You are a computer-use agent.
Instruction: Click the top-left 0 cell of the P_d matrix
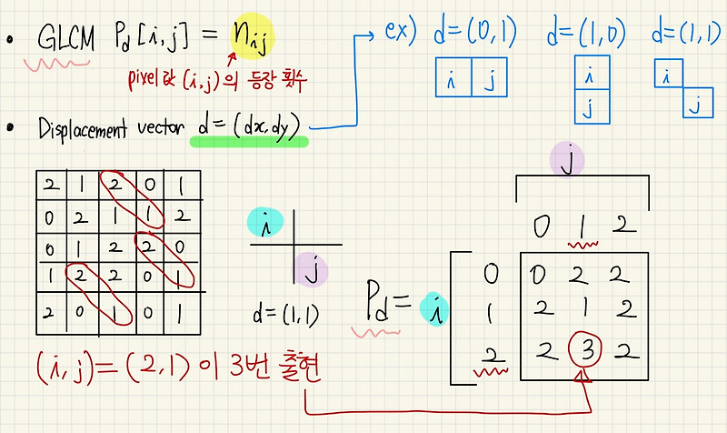[542, 273]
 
